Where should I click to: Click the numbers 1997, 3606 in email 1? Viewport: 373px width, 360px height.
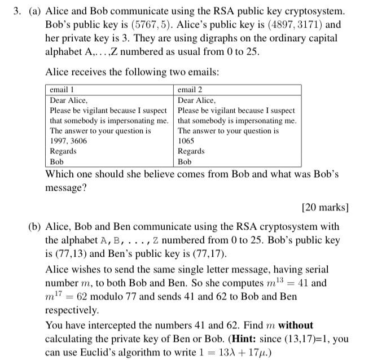(x=68, y=141)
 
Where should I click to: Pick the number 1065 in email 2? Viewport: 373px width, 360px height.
(x=186, y=141)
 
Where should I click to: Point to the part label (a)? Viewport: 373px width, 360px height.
(x=36, y=11)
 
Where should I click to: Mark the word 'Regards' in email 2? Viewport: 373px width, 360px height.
(x=191, y=151)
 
